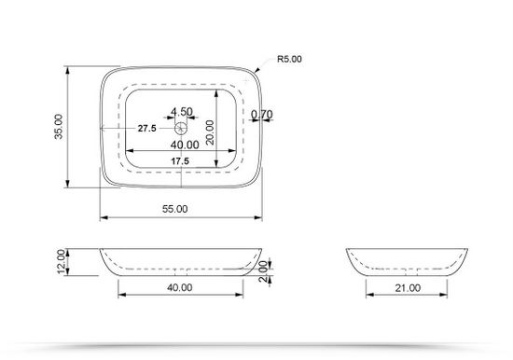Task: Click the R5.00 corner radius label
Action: tap(289, 59)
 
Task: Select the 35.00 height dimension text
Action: tap(59, 127)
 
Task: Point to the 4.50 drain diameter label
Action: tap(182, 112)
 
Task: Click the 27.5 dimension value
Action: tap(146, 129)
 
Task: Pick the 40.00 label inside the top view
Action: tap(184, 145)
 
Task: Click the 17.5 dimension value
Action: tap(180, 161)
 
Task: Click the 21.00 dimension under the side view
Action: tap(407, 288)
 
